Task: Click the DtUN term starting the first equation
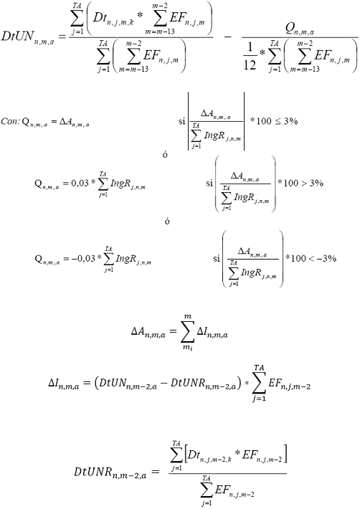coord(28,37)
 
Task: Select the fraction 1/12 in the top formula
coord(250,57)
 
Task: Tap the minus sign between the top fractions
coord(228,37)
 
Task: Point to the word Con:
coord(10,121)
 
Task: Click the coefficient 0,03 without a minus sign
coord(80,184)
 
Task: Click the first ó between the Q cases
coord(165,154)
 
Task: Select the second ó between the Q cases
coord(167,221)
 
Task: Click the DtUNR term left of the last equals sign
coord(110,472)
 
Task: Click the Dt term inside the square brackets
coord(209,456)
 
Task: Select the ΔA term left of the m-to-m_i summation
coord(148,333)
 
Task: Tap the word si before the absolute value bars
coord(181,121)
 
